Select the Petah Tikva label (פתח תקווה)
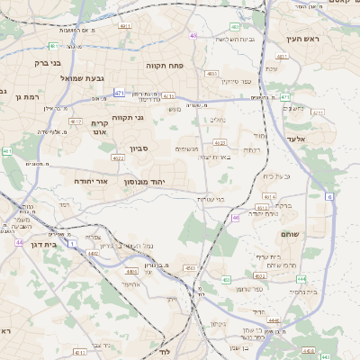pos(166,66)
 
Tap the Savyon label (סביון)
pos(163,148)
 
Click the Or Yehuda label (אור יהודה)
pos(91,181)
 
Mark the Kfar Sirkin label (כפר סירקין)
pos(260,82)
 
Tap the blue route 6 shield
pos(329,196)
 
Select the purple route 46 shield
pos(236,217)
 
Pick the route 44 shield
pos(19,242)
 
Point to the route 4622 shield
pos(117,157)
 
